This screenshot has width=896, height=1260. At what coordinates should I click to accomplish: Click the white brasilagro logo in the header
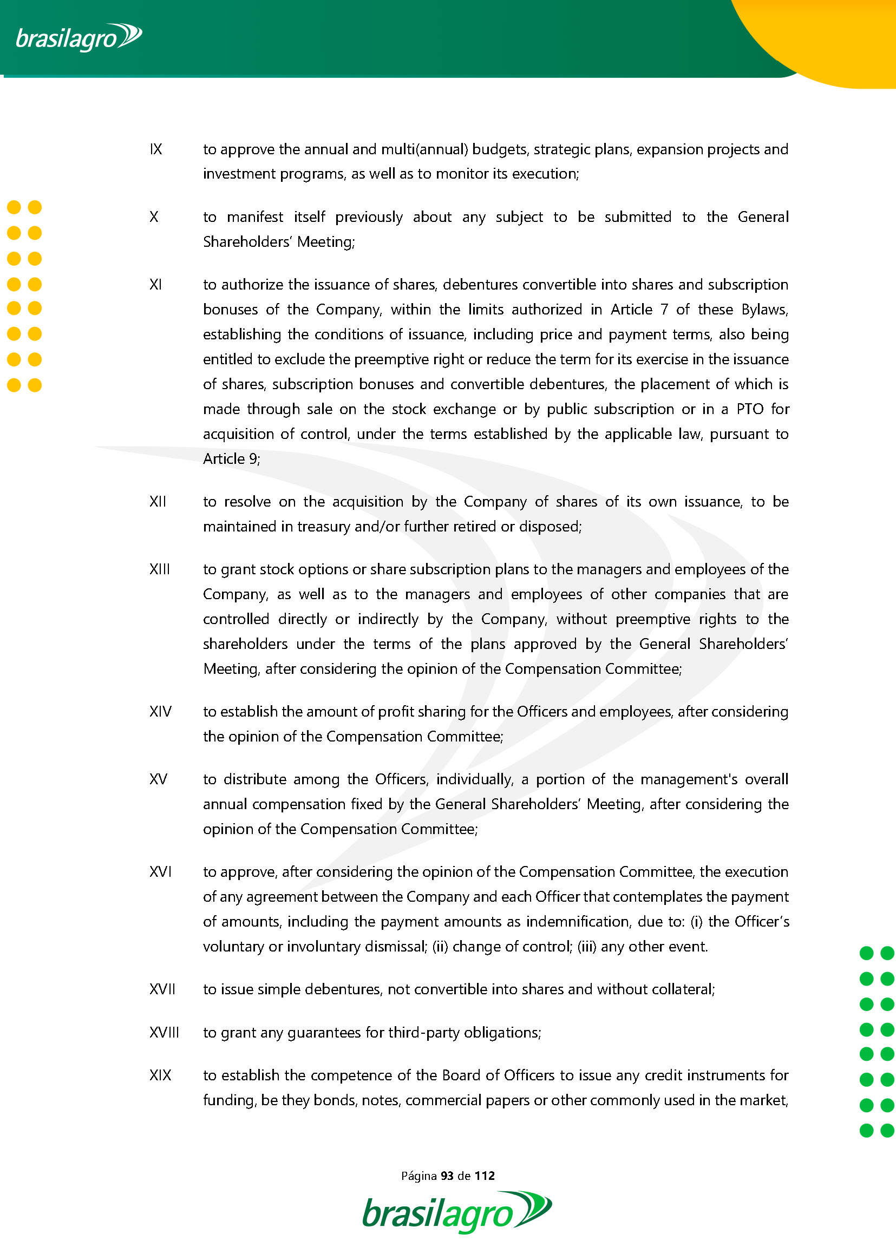click(79, 37)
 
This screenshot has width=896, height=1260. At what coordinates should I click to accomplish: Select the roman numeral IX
click(155, 149)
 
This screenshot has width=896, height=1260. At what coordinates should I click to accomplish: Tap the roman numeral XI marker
click(155, 285)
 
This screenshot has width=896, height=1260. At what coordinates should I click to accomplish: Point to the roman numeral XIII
click(160, 569)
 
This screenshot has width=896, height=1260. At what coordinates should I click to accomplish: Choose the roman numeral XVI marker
click(161, 872)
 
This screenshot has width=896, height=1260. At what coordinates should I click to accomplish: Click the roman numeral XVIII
click(164, 1032)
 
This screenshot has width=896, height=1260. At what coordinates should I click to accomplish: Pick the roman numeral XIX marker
click(161, 1075)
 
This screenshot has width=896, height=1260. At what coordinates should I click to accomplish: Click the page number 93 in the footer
click(447, 1176)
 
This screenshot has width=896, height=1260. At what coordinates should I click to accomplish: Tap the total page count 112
click(485, 1176)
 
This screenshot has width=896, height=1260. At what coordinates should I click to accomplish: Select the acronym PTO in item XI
click(750, 409)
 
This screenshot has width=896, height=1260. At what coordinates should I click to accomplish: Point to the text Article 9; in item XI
click(231, 459)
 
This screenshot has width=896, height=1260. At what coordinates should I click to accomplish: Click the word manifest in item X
click(255, 217)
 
